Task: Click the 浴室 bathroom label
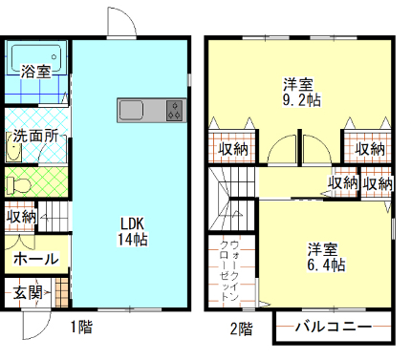35,72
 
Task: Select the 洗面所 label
35,137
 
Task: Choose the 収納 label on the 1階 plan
21,217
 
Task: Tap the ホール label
36,259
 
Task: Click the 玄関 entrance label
28,293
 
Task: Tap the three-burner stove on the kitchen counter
174,111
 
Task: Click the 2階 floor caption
241,329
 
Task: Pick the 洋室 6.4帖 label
325,256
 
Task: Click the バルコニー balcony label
332,327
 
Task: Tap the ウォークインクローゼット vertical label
230,271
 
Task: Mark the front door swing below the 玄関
33,327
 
